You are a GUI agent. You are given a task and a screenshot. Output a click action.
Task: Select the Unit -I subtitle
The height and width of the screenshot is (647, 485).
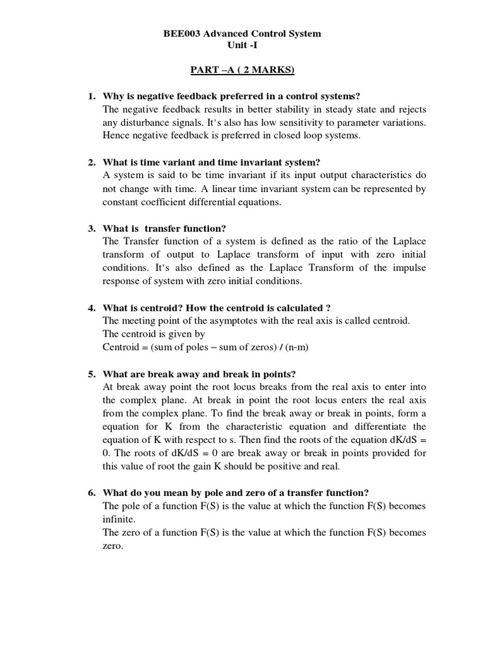point(242,45)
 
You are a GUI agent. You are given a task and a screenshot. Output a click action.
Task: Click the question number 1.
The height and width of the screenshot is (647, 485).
point(91,96)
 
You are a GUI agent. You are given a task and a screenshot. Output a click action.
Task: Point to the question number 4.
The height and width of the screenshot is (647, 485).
point(91,308)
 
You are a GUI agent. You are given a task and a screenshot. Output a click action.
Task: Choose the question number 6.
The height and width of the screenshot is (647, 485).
point(91,493)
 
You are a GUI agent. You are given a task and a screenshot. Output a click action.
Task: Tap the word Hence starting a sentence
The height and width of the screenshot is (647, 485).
point(115,136)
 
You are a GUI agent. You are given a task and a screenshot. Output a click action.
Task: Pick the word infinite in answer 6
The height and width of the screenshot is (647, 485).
point(118,519)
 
